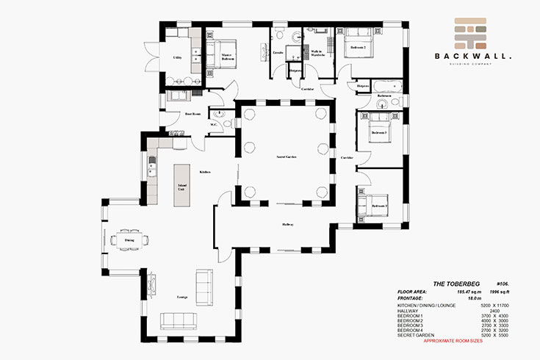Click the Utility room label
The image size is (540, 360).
click(177, 57)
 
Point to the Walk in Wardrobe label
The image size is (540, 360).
click(317, 53)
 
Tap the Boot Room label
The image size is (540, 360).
click(193, 114)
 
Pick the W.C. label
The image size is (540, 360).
click(213, 124)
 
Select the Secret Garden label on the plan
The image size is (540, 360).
click(287, 156)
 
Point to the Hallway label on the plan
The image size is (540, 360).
click(287, 225)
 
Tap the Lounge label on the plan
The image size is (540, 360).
click(181, 297)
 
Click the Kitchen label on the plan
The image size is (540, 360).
click(205, 172)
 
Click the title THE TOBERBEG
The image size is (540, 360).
click(451, 283)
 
